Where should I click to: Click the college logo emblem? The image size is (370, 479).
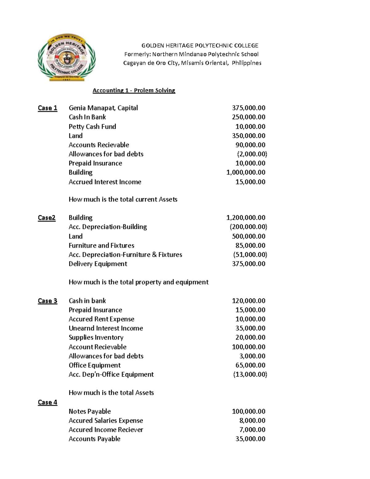(67, 57)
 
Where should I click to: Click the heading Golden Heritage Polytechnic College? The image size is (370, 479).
(200, 46)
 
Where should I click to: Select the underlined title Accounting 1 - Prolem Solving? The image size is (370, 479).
(134, 90)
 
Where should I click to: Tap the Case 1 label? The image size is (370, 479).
(47, 108)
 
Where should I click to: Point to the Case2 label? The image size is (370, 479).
(47, 218)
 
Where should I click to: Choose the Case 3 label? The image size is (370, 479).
(47, 301)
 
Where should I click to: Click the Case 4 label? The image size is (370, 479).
(47, 402)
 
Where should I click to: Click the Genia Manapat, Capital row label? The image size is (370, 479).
(103, 108)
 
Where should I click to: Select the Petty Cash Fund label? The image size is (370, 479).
(92, 126)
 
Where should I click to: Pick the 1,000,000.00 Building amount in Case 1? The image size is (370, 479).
(246, 172)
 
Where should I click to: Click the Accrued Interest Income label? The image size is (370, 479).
(105, 182)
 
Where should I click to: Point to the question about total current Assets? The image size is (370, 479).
(123, 199)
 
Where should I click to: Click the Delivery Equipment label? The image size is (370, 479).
(98, 264)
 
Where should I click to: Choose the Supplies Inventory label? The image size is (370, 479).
(96, 337)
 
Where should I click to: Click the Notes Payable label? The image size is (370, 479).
(89, 411)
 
